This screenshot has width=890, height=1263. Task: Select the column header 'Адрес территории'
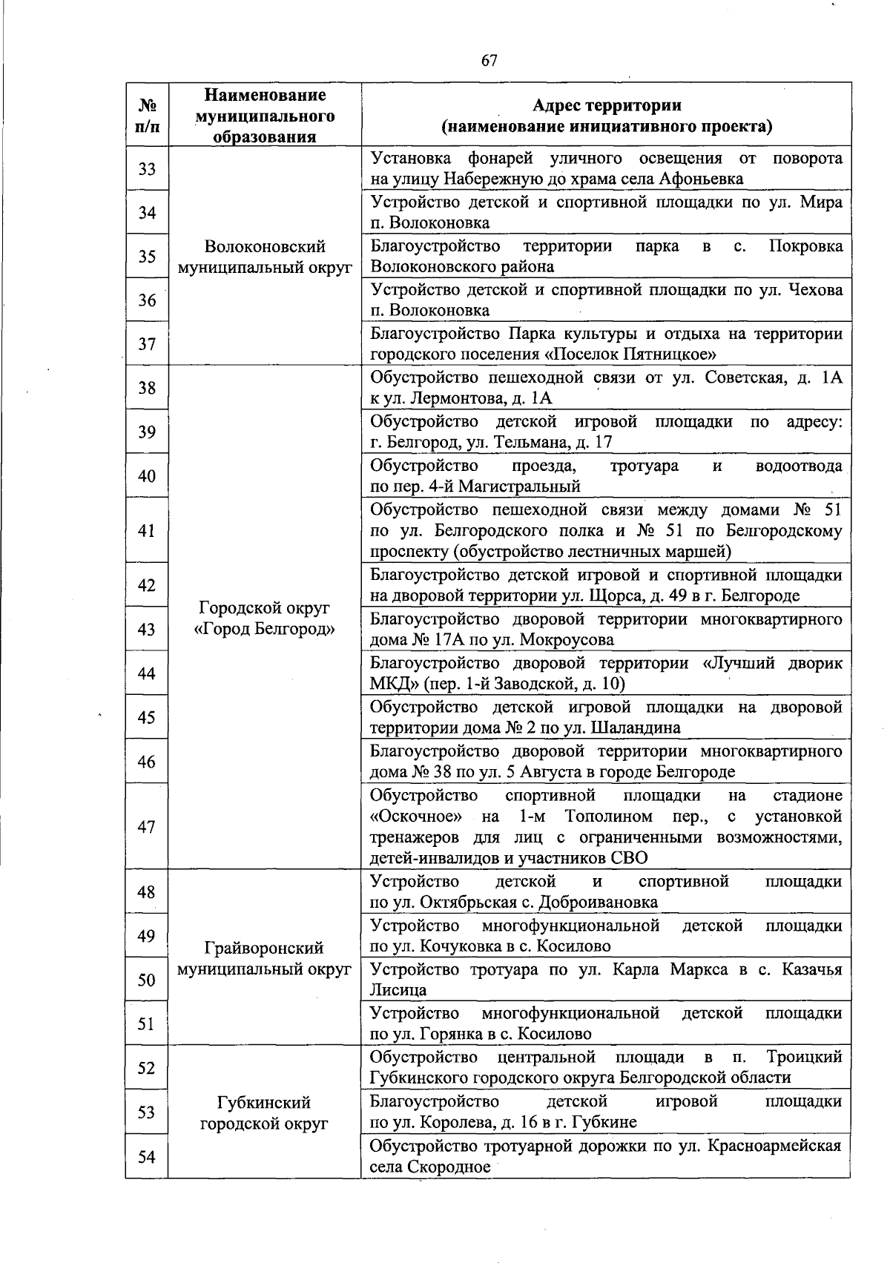606,105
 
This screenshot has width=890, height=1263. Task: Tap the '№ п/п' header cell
147,115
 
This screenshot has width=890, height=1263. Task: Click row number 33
147,169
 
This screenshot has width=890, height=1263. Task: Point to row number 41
147,530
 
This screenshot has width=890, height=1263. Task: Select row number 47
147,826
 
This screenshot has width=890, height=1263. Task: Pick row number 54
147,1155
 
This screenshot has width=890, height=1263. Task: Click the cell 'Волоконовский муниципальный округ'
265,257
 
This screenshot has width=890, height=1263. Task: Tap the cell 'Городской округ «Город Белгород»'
265,619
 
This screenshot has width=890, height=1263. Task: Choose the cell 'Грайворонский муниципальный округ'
265,958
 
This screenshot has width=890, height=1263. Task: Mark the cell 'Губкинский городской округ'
265,1112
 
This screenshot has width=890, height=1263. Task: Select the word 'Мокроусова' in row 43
567,640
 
